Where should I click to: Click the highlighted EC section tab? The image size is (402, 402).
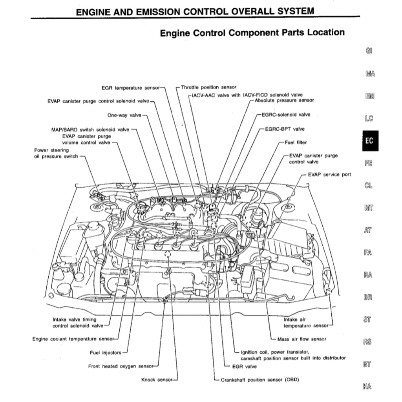(x=369, y=141)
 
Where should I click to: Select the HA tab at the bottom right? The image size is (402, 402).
(x=367, y=387)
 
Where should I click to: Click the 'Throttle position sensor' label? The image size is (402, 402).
(x=208, y=87)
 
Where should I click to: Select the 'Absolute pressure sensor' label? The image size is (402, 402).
(x=284, y=100)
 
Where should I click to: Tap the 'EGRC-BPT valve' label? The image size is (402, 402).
(x=285, y=129)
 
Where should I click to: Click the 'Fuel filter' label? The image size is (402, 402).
(x=296, y=143)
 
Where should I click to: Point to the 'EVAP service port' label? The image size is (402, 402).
(x=329, y=174)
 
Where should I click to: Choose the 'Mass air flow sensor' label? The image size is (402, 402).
(x=301, y=339)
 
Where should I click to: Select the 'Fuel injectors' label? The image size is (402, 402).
(x=106, y=353)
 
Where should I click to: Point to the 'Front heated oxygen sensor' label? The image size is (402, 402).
(x=120, y=367)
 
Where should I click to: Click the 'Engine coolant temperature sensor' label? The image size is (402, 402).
(x=73, y=339)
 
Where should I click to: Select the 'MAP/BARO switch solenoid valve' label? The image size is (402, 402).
(x=90, y=129)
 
